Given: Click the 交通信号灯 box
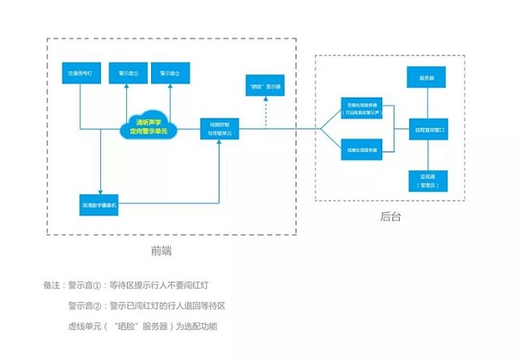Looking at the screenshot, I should pyautogui.click(x=81, y=74).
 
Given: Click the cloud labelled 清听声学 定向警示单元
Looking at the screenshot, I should pyautogui.click(x=148, y=126).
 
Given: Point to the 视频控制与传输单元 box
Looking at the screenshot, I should pyautogui.click(x=217, y=127).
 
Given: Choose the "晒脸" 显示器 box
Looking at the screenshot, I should pyautogui.click(x=265, y=86).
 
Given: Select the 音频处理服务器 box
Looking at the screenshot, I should pyautogui.click(x=361, y=109).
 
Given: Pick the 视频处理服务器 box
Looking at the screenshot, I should pyautogui.click(x=361, y=150).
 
